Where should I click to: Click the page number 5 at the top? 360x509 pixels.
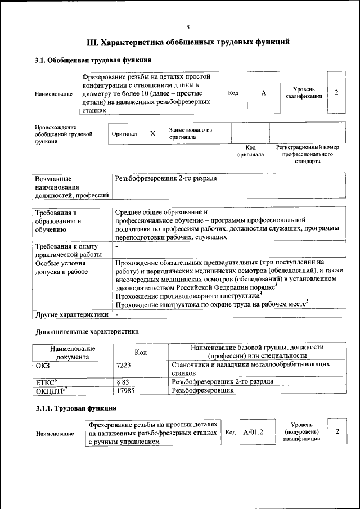(x=188, y=26)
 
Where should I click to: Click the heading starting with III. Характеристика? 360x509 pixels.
(x=188, y=42)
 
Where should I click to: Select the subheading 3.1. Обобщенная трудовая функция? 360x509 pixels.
(x=93, y=60)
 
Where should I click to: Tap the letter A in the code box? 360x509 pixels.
(x=263, y=93)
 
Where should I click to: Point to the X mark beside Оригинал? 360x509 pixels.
(x=152, y=134)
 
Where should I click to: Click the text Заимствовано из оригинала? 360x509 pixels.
(x=190, y=133)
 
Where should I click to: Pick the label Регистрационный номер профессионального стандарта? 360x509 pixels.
(x=307, y=154)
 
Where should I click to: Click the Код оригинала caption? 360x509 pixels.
(x=250, y=151)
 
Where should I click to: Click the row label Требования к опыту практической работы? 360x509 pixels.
(x=67, y=250)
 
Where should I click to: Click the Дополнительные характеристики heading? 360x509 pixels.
(x=87, y=332)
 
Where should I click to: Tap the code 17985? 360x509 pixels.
(x=125, y=390)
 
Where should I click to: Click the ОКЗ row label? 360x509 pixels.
(x=43, y=365)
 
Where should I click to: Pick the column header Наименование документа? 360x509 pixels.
(x=73, y=352)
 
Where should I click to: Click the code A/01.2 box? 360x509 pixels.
(x=253, y=432)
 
